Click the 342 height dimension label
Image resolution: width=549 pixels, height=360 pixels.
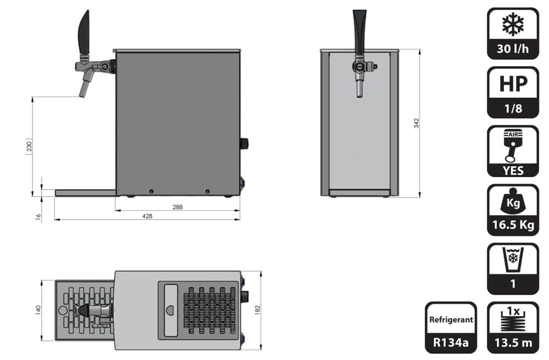(x=416, y=123)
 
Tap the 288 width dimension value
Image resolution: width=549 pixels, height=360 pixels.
(x=177, y=207)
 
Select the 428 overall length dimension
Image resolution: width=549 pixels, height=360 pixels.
(x=147, y=216)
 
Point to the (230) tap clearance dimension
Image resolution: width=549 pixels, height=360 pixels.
(x=29, y=145)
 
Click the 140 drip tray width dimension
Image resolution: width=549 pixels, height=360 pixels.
(x=38, y=310)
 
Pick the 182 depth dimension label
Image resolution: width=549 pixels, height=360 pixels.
(x=257, y=310)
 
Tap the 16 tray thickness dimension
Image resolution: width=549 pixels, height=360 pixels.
(x=38, y=217)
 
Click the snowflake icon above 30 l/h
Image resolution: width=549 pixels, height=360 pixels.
(x=513, y=25)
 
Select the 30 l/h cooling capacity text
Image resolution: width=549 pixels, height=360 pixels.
(x=513, y=49)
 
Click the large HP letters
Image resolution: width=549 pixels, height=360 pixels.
(x=513, y=84)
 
